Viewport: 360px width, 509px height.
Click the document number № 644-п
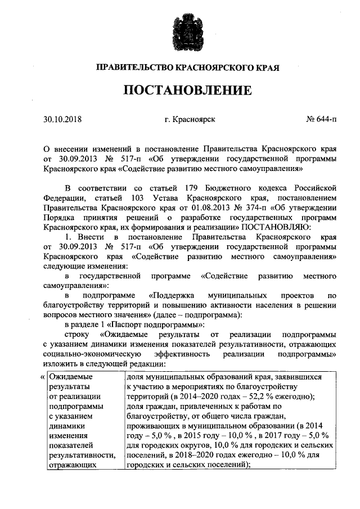tap(322, 119)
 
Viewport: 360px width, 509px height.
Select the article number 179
tap(191, 187)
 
